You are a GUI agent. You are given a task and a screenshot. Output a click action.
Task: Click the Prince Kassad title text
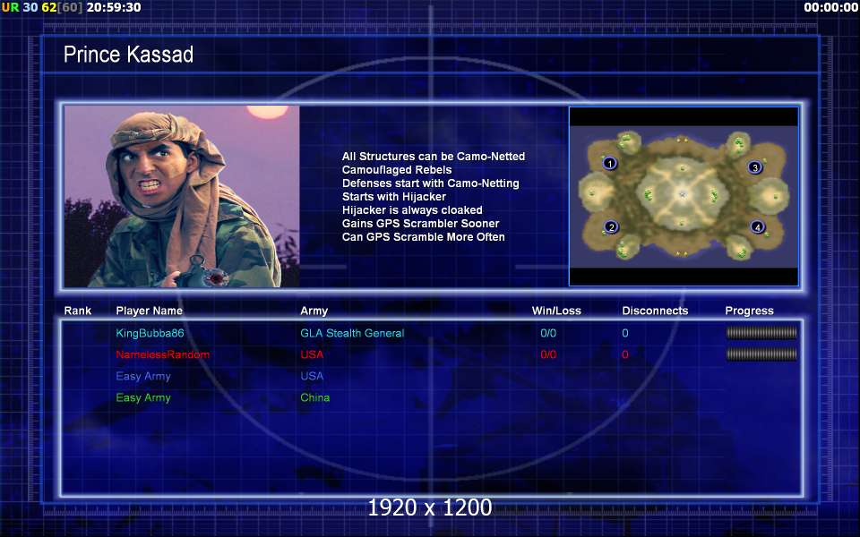(128, 55)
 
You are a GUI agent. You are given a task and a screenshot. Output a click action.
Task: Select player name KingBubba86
(150, 333)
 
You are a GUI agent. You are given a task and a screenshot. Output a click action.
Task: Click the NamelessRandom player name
(162, 354)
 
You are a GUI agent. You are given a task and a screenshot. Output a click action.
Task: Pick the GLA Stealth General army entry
(352, 333)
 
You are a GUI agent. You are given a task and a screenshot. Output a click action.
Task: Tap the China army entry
(314, 397)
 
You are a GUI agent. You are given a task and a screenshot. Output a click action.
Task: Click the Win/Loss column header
(556, 311)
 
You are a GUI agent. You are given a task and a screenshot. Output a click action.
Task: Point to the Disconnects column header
(655, 311)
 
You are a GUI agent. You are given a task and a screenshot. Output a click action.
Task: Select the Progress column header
(749, 311)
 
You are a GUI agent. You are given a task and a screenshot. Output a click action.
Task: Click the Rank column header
(78, 311)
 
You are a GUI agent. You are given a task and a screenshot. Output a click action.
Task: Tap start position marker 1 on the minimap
(609, 163)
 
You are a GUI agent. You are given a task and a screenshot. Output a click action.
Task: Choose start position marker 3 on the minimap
(754, 167)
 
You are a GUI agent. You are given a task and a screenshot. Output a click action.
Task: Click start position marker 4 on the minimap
(758, 226)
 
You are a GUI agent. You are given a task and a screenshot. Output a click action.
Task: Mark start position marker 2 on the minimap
(611, 226)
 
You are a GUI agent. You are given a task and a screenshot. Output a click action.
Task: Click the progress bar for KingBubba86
(761, 333)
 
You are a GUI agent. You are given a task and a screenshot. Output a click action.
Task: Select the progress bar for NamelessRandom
(761, 354)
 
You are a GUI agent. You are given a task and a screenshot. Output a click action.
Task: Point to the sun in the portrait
(267, 112)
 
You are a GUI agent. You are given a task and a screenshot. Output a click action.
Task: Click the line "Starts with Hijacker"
(394, 197)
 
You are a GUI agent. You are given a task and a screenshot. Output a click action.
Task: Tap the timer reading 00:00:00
(830, 8)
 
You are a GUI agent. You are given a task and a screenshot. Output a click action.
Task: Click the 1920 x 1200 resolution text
(430, 507)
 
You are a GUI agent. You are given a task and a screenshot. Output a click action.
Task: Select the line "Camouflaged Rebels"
(397, 170)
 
